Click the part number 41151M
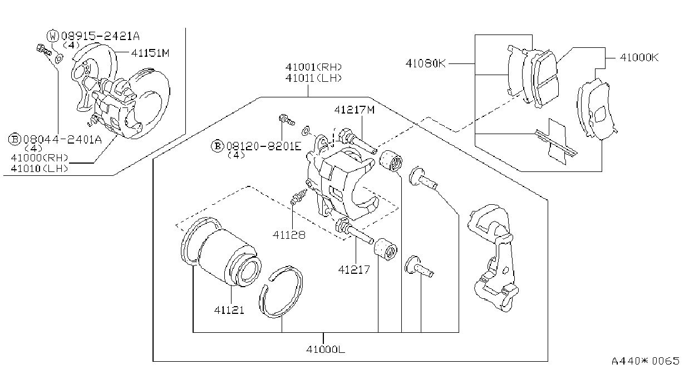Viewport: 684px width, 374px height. click(x=150, y=53)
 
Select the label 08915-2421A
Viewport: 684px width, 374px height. click(x=101, y=36)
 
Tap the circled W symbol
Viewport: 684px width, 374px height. click(x=52, y=36)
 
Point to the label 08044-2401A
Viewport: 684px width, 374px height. click(x=62, y=140)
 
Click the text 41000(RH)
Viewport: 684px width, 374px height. click(x=40, y=158)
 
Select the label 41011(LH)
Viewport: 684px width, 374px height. click(x=313, y=78)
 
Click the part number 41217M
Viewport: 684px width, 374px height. click(x=354, y=110)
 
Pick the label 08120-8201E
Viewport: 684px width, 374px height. click(x=264, y=146)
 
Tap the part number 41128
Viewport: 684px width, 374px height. click(x=289, y=235)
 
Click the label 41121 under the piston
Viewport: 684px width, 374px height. click(x=229, y=310)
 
